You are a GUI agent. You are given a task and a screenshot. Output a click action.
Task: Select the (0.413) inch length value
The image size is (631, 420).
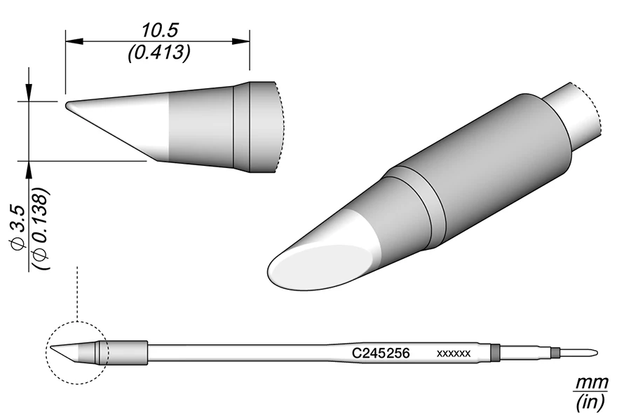pyautogui.click(x=158, y=54)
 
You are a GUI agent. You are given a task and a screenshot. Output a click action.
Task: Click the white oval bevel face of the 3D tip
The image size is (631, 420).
pyautogui.click(x=315, y=269)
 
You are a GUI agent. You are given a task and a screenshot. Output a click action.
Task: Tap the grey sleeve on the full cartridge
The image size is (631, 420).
pyautogui.click(x=128, y=352)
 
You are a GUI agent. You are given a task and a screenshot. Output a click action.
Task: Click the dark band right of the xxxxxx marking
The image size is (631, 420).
pyautogui.click(x=495, y=352)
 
